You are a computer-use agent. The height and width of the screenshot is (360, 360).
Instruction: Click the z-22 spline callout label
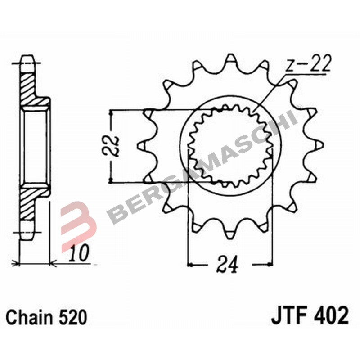tap(309, 64)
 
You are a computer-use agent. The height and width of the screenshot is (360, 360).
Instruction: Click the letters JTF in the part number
tap(288, 316)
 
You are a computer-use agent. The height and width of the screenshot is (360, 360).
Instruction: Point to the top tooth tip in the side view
tap(27, 57)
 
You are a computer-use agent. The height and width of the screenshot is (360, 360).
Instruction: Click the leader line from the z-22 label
tap(270, 92)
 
